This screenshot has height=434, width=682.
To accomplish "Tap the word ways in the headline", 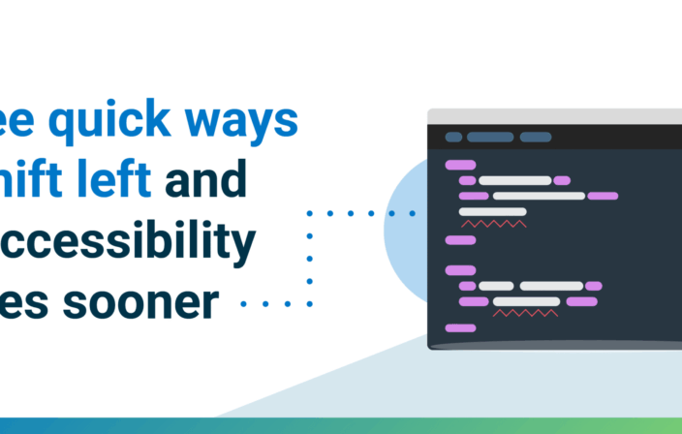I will pyautogui.click(x=246, y=122).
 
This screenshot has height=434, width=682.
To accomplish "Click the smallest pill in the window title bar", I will pyautogui.click(x=453, y=137).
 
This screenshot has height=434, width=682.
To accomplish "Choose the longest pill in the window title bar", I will pyautogui.click(x=490, y=137).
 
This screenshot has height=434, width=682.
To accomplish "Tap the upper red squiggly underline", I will pyautogui.click(x=494, y=224).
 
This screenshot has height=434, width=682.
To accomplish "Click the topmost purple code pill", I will pyautogui.click(x=460, y=165).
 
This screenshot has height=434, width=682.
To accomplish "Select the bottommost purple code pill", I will pyautogui.click(x=460, y=328).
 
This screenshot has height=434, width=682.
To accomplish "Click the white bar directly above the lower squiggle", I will pyautogui.click(x=526, y=301).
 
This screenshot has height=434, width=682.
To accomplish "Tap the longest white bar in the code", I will pyautogui.click(x=539, y=196).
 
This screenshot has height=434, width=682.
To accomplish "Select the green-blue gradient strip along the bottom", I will pyautogui.click(x=341, y=425).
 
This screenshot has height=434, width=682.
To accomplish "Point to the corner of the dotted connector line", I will pyautogui.click(x=309, y=212).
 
